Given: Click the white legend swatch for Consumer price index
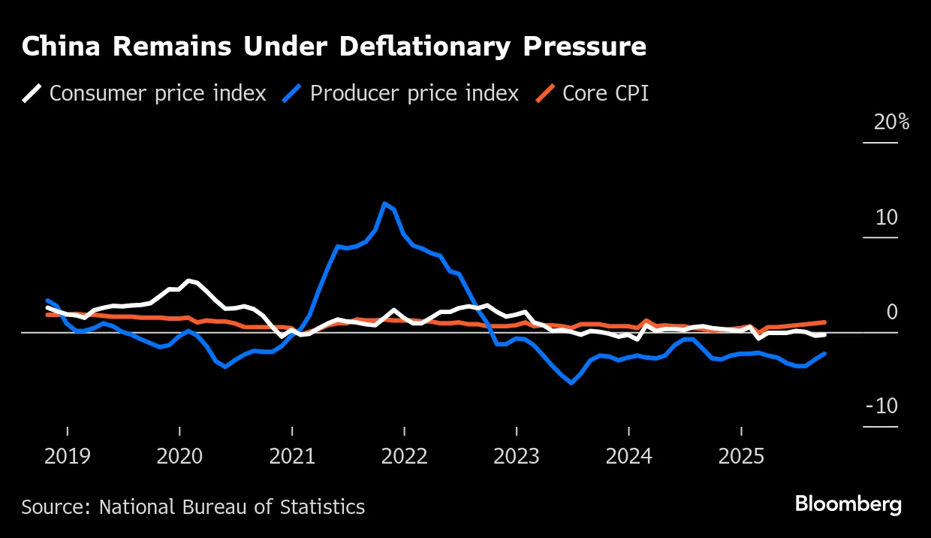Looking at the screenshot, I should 32,93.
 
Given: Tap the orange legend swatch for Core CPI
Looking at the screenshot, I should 545,93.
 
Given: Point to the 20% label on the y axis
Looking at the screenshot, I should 891,122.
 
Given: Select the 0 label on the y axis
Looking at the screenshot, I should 892,312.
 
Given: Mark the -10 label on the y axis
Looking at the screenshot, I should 881,407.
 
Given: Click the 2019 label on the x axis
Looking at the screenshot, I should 68,456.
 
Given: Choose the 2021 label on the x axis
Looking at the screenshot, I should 292,456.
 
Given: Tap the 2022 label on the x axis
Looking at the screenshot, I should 404,456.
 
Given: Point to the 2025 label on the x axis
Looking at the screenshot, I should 741,456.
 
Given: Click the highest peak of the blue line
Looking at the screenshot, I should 385,204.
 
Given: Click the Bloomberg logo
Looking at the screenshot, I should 848,504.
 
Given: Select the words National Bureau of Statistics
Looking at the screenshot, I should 232,507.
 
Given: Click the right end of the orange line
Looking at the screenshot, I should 824,322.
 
